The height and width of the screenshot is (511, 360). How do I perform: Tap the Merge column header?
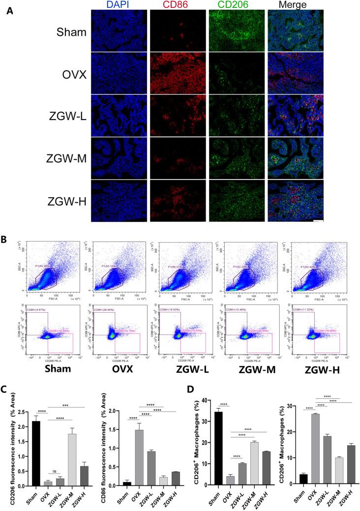294,5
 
